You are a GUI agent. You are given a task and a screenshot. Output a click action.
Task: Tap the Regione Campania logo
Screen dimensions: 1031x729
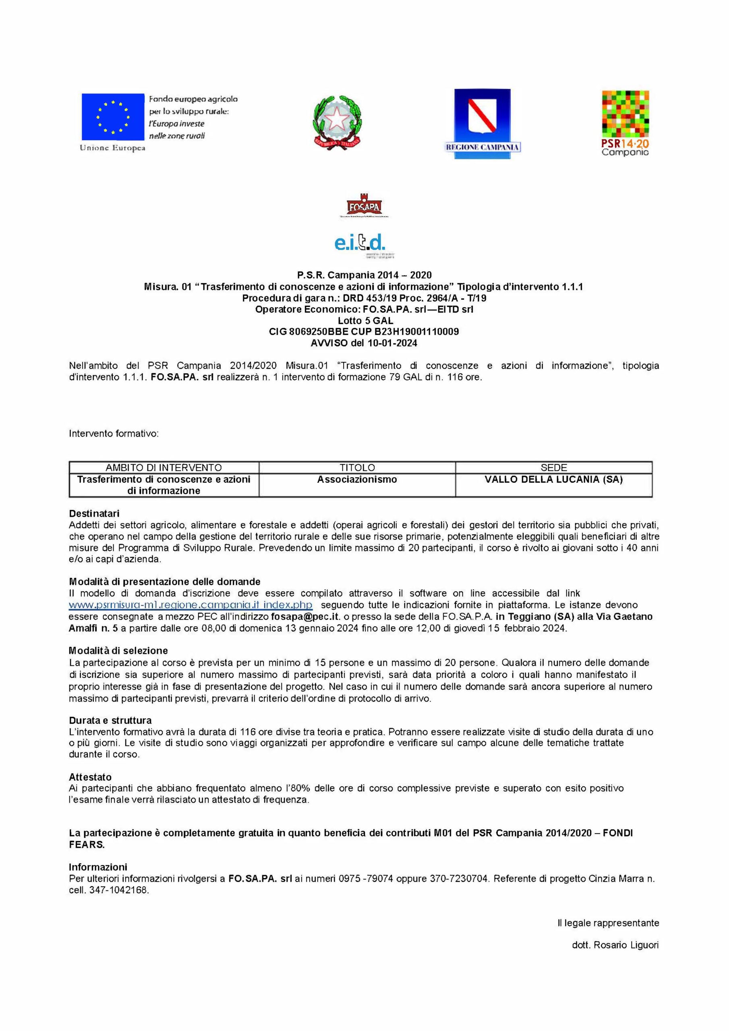pos(482,124)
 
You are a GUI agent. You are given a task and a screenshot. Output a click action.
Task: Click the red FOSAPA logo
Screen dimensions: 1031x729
pos(364,207)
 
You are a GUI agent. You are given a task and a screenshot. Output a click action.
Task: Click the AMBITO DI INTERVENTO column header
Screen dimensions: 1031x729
pos(164,468)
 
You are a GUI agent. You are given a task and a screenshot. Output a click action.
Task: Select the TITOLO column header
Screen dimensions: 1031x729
pos(357,468)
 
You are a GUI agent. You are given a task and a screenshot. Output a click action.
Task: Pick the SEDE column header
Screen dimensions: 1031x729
pos(553,468)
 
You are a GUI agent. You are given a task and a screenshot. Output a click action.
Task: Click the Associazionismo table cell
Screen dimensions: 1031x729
pos(357,480)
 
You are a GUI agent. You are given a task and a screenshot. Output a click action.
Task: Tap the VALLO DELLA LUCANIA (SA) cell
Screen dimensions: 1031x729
pos(553,480)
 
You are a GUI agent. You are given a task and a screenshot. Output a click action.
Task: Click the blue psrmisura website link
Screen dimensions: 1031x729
pos(191,605)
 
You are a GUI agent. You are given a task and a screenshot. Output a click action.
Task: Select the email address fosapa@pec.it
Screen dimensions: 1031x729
pos(303,617)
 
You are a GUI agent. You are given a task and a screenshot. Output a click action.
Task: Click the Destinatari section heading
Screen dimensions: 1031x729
pos(94,513)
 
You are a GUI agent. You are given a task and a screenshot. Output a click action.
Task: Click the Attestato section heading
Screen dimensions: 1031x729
pos(90,777)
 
